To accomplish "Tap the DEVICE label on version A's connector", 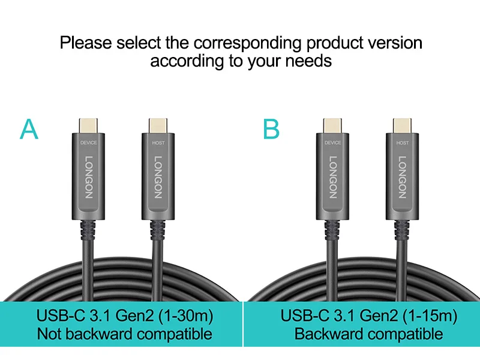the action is pyautogui.click(x=88, y=142).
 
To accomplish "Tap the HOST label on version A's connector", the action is pyautogui.click(x=158, y=142).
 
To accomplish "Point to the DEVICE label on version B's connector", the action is pyautogui.click(x=332, y=142).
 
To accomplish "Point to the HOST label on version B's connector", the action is pyautogui.click(x=402, y=142).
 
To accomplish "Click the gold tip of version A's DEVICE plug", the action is pyautogui.click(x=88, y=124).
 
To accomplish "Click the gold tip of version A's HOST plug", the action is pyautogui.click(x=158, y=124).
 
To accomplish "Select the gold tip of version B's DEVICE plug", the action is pyautogui.click(x=332, y=124).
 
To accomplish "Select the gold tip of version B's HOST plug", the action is pyautogui.click(x=402, y=124).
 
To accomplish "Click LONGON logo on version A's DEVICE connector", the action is pyautogui.click(x=89, y=177).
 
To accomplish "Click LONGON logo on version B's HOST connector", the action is pyautogui.click(x=403, y=177).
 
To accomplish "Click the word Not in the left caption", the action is pyautogui.click(x=49, y=334).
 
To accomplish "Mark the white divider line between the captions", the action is pyautogui.click(x=244, y=323).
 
